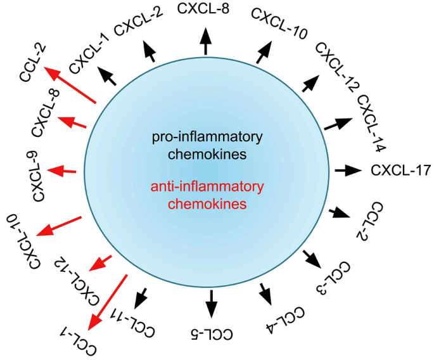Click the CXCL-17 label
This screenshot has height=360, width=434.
click(400, 170)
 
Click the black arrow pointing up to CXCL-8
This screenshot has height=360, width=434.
click(205, 44)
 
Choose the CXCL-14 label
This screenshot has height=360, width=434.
click(371, 124)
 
